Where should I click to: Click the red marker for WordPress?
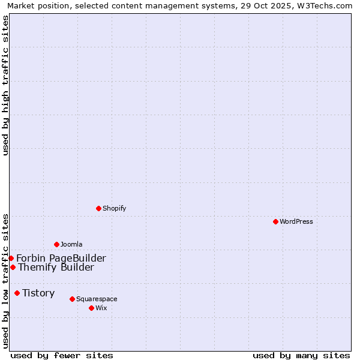[275, 221]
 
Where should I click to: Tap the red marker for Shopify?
[98, 208]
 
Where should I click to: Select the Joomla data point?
[56, 244]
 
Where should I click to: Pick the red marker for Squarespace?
[72, 299]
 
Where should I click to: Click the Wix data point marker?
[91, 308]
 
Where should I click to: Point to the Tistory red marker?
[17, 293]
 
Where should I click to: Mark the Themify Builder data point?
[13, 267]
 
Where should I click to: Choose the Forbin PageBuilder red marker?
[11, 258]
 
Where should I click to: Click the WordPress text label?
[296, 221]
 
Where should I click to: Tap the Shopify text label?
[114, 208]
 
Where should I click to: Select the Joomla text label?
[71, 244]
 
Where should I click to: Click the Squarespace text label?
[97, 299]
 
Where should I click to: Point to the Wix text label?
[101, 308]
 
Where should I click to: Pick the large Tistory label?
[38, 293]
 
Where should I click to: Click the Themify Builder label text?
[56, 267]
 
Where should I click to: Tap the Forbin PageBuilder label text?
[61, 258]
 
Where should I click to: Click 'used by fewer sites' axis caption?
[62, 355]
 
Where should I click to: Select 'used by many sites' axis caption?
[301, 355]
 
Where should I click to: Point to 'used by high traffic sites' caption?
[5, 85]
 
